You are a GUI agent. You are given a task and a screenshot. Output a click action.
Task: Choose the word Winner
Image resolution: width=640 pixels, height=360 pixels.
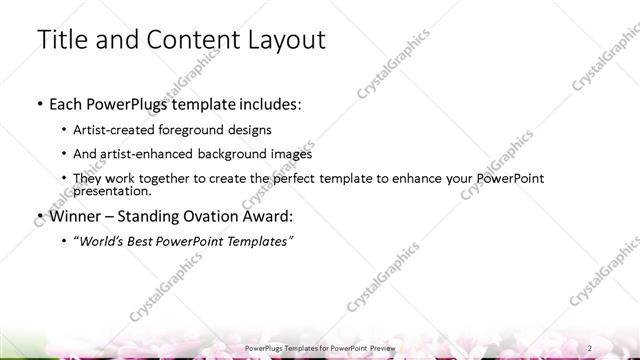(76, 215)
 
